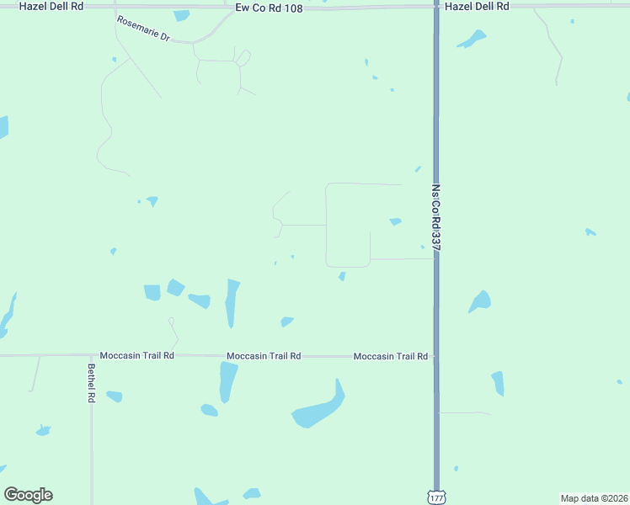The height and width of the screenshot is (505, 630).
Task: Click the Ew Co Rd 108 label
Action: [269, 7]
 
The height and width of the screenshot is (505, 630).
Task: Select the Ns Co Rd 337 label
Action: [436, 217]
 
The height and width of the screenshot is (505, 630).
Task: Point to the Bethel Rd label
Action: [90, 383]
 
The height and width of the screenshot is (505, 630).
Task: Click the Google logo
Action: [28, 495]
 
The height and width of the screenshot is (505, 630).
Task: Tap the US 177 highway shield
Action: [435, 497]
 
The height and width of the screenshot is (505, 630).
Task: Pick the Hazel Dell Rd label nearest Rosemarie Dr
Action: [51, 6]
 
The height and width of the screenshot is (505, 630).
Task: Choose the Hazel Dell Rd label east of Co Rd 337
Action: [477, 6]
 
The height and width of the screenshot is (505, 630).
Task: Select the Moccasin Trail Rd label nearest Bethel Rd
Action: [136, 356]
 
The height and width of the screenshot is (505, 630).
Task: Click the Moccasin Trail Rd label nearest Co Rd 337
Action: [390, 356]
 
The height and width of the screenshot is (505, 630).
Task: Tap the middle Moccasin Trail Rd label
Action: [264, 356]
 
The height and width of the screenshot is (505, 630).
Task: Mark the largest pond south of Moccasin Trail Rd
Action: [320, 408]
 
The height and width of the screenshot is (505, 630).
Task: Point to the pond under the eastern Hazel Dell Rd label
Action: [472, 39]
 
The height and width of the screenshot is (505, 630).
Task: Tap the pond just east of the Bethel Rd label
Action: [114, 396]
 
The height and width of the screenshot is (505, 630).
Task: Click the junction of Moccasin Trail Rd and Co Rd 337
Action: [435, 356]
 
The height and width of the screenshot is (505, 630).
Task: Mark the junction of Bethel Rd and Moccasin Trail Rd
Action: [91, 355]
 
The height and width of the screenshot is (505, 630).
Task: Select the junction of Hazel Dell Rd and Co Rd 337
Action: [435, 7]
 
